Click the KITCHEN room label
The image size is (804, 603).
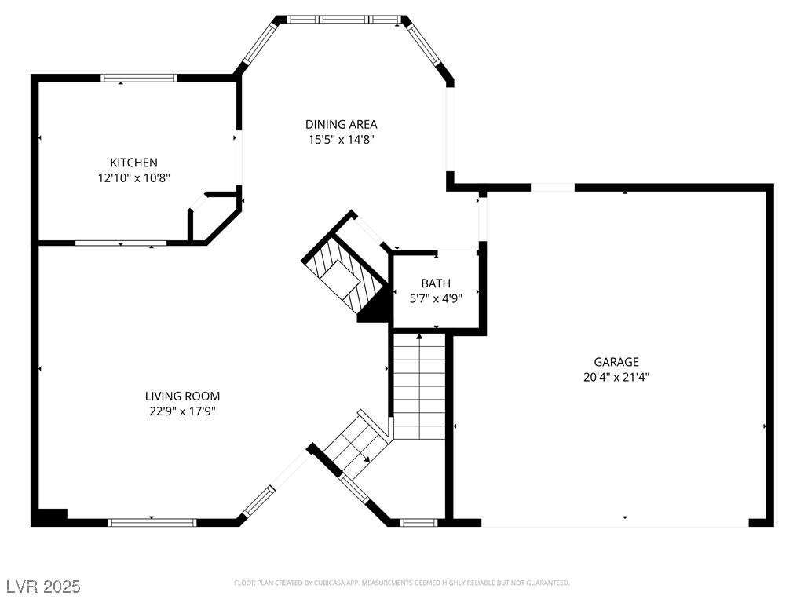pyautogui.click(x=133, y=163)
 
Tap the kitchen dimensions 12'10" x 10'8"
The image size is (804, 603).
pyautogui.click(x=133, y=178)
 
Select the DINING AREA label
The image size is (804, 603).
pyautogui.click(x=341, y=124)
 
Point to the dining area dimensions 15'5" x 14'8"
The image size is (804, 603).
pyautogui.click(x=341, y=140)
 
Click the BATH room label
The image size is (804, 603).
pyautogui.click(x=436, y=283)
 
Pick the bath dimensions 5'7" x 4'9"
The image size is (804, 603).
pyautogui.click(x=436, y=298)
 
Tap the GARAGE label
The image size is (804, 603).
pyautogui.click(x=616, y=362)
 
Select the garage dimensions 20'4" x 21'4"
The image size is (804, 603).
pyautogui.click(x=616, y=377)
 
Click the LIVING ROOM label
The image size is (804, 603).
pyautogui.click(x=182, y=396)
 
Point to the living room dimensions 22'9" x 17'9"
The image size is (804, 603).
pyautogui.click(x=182, y=411)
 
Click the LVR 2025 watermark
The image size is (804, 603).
pyautogui.click(x=43, y=587)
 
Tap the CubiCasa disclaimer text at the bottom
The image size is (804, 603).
pyautogui.click(x=402, y=583)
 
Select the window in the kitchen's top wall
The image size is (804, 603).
pyautogui.click(x=139, y=78)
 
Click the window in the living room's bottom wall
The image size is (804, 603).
pyautogui.click(x=152, y=522)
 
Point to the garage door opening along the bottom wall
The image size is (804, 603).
pyautogui.click(x=615, y=522)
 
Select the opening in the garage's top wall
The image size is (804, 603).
pyautogui.click(x=553, y=188)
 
